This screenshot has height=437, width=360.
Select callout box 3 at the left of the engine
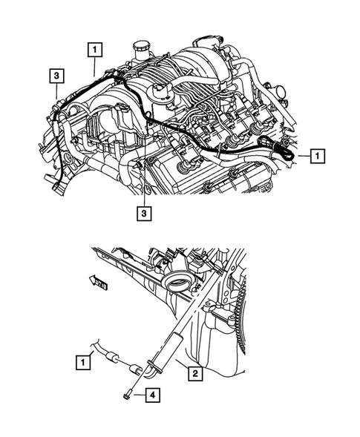56,76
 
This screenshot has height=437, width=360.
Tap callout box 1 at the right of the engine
316,156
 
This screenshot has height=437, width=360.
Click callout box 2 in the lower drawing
194,373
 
